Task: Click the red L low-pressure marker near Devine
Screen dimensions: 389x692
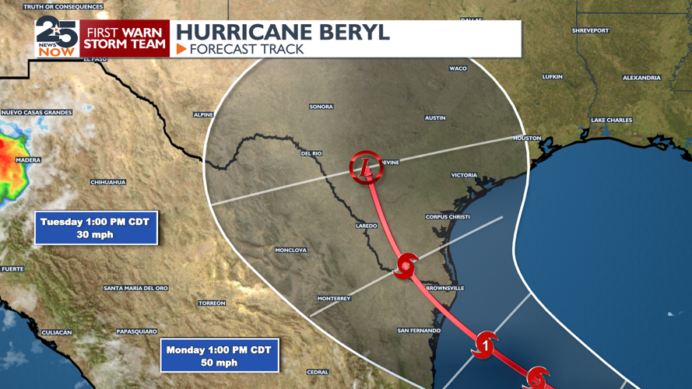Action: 366,167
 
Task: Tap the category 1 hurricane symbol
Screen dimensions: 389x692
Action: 485,343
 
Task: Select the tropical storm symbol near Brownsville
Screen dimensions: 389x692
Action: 406,267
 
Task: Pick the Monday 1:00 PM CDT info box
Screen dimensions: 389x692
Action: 220,356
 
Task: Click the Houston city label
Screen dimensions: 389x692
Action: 526,138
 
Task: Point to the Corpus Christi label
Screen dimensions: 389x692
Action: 448,217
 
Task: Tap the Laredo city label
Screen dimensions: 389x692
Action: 367,226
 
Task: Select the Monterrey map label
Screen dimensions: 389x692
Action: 334,299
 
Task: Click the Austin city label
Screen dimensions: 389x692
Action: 435,118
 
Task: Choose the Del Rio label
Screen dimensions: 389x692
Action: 311,154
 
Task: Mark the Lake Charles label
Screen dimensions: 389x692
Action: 611,121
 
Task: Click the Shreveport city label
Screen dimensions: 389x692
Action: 590,31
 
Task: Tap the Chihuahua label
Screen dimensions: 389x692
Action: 108,183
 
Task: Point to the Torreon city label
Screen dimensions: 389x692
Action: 212,303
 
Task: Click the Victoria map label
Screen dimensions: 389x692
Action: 464,175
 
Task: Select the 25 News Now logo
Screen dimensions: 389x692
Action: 57,37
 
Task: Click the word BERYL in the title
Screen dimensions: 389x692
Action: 347,33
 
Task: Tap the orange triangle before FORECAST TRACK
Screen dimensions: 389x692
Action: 181,49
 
